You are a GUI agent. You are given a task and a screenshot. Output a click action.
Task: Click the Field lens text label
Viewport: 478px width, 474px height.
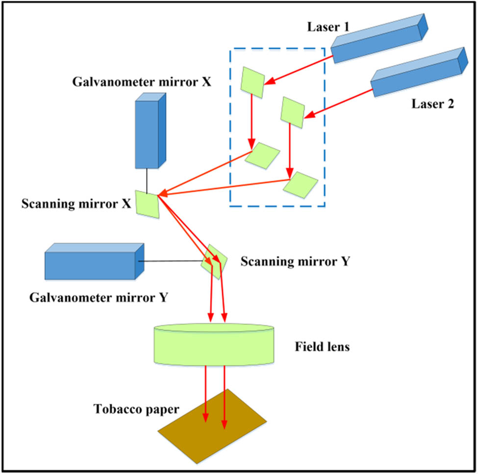click(322, 347)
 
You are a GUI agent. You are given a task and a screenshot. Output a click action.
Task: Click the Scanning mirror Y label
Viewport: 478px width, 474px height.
click(295, 262)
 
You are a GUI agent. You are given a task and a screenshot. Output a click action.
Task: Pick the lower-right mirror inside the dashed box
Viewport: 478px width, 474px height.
click(300, 184)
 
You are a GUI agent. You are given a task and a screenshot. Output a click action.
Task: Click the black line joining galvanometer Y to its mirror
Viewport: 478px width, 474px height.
click(172, 262)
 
